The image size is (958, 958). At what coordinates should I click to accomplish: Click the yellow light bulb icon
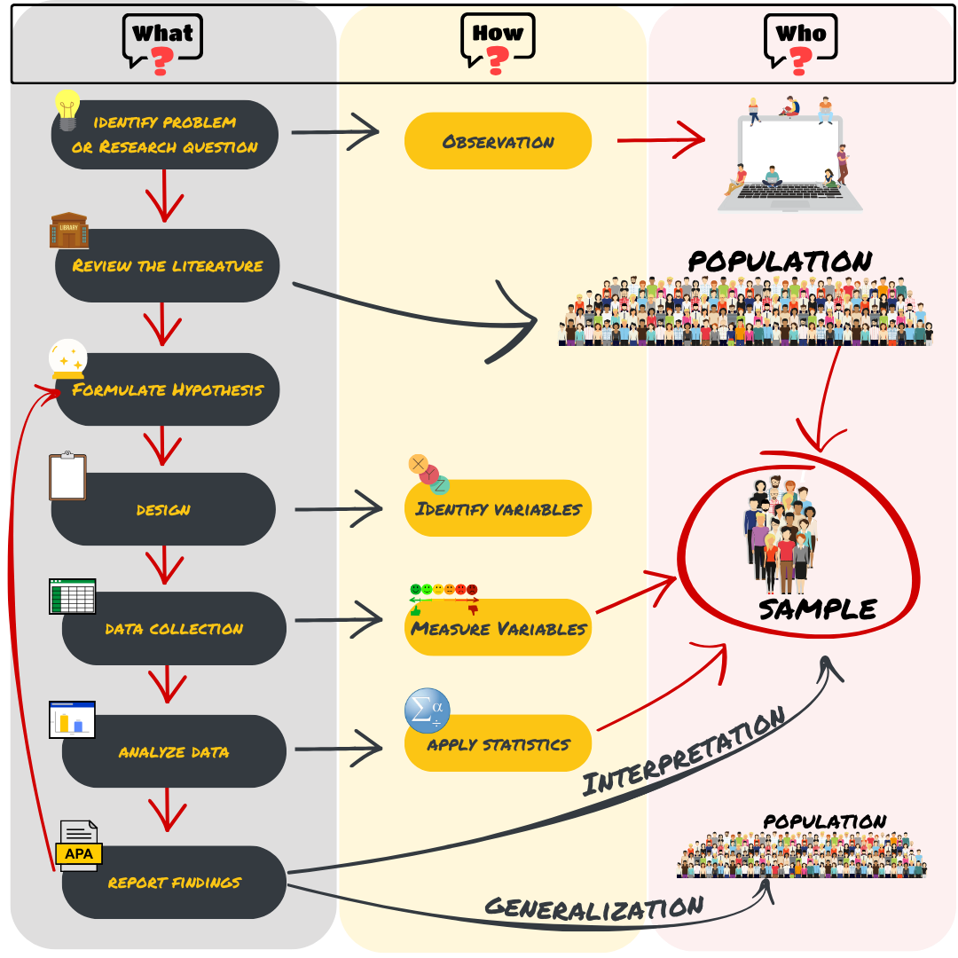tap(67, 112)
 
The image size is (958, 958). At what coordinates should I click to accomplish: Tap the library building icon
tap(68, 231)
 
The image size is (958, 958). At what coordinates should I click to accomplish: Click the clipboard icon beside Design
tap(67, 477)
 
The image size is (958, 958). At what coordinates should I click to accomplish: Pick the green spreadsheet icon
tap(72, 596)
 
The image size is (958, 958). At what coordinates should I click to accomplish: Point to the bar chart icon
tap(72, 719)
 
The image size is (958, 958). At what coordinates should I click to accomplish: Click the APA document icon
tap(79, 845)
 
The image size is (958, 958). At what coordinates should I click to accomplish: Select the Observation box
tap(498, 141)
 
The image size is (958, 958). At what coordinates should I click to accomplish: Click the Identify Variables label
tap(498, 509)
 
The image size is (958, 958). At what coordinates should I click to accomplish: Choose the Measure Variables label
tap(498, 629)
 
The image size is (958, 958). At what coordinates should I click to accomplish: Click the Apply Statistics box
tap(498, 744)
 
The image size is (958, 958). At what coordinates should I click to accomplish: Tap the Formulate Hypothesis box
tap(168, 389)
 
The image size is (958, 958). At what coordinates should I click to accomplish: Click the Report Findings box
tap(174, 882)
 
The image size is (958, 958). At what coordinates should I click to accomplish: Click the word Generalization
tap(593, 907)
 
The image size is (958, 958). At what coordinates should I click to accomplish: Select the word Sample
tap(817, 609)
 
